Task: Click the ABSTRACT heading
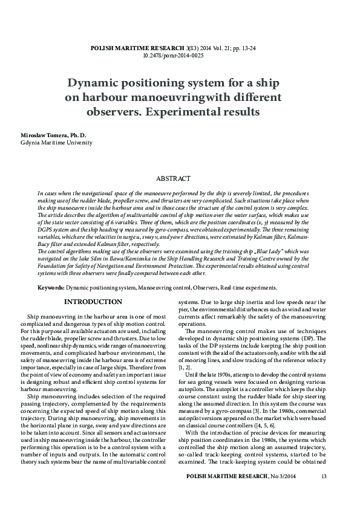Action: [x=173, y=178]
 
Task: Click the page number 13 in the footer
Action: [x=323, y=493]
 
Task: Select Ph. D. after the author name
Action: [x=79, y=134]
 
